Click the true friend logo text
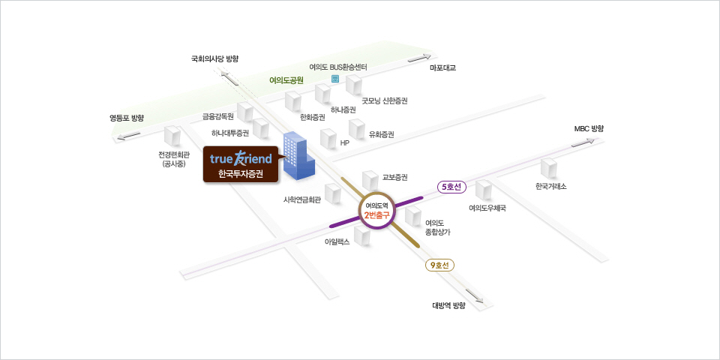pos(241,158)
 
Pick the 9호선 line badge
pos(439,265)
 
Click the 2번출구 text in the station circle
pos(376,213)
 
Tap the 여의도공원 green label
pos(286,80)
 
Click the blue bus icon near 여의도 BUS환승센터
pos(334,79)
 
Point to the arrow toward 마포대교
pos(420,58)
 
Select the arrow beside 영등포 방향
pos(129,136)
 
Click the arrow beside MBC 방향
pos(583,142)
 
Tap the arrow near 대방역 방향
pos(474,296)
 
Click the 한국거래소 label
pos(550,187)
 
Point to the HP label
pos(345,142)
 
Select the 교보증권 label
pos(395,177)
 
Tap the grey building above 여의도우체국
pos(484,190)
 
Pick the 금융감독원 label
pos(218,116)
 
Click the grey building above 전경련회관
pos(172,137)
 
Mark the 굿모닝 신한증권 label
pos(384,100)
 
